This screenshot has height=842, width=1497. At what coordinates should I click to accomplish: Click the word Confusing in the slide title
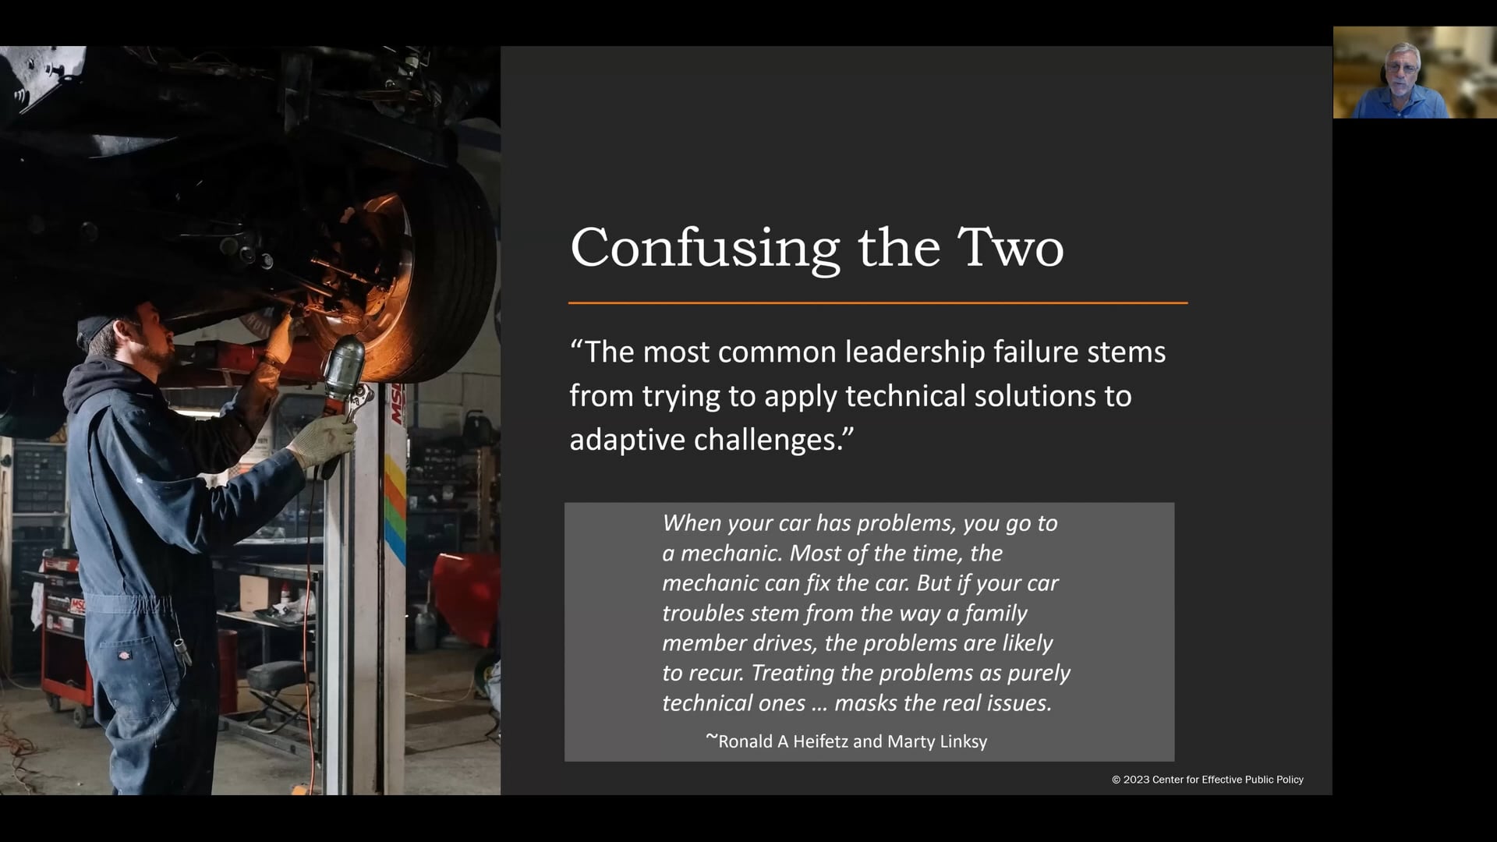(x=704, y=249)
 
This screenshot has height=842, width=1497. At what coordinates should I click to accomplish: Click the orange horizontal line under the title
(x=877, y=302)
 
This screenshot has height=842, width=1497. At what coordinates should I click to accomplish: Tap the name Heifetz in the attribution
(x=820, y=741)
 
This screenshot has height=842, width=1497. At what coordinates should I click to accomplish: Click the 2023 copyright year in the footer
(x=1136, y=780)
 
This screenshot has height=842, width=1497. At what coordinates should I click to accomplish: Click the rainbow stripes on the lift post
(x=395, y=507)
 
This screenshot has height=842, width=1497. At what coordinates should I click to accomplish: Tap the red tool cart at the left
(x=66, y=624)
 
